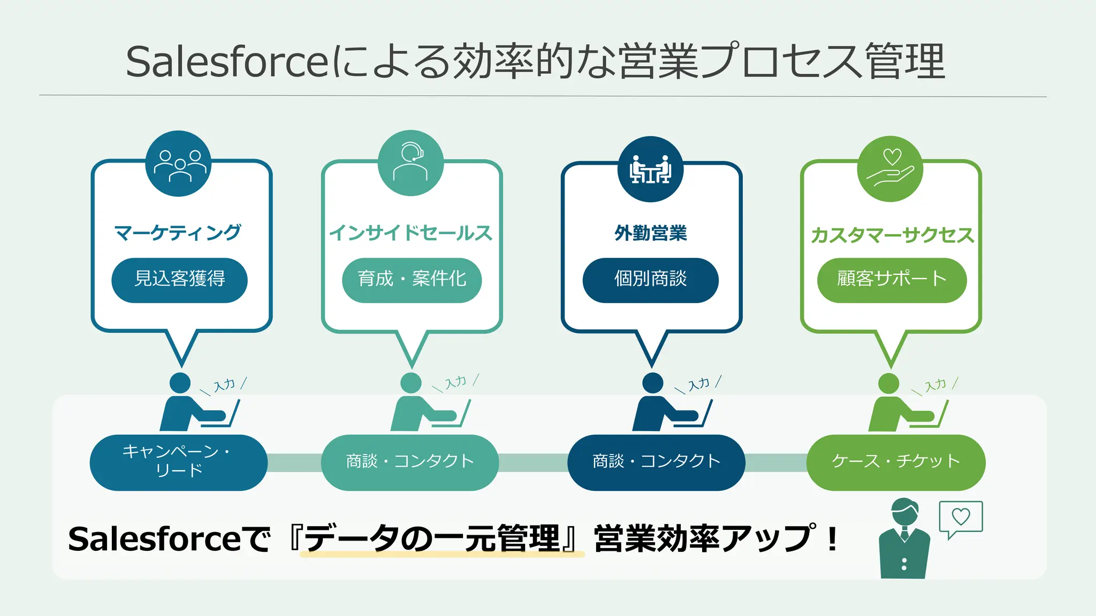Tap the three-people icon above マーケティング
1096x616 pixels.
coord(179,164)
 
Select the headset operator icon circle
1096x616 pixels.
coord(410,163)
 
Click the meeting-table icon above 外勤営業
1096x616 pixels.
coord(650,169)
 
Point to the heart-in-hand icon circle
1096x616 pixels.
coord(890,169)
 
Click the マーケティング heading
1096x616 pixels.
coord(178,233)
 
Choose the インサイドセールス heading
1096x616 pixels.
coord(411,233)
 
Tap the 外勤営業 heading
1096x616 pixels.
coord(651,233)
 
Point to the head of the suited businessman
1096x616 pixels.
coord(904,512)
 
